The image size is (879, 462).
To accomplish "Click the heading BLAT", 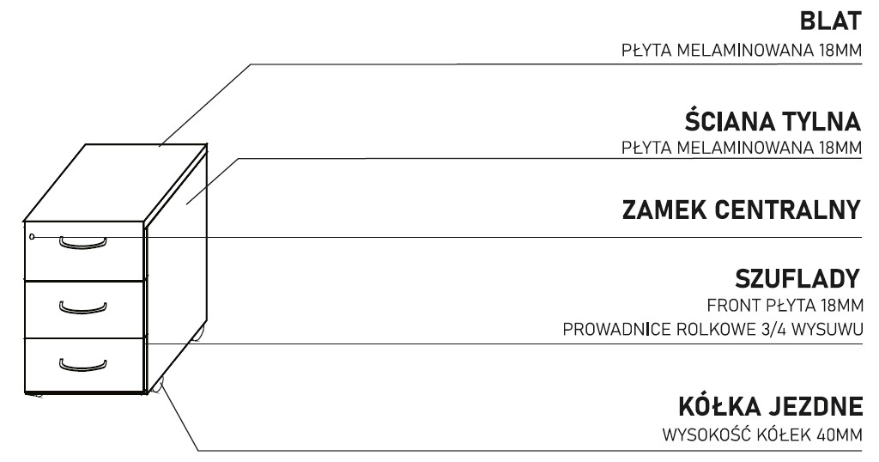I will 828,20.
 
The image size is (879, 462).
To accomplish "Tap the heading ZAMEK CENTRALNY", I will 741,210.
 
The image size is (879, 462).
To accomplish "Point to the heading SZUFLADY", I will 797,280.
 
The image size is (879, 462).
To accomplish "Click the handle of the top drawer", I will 82,243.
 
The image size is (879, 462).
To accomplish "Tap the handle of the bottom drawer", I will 82,364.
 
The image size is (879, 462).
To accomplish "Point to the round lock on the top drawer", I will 32,236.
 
